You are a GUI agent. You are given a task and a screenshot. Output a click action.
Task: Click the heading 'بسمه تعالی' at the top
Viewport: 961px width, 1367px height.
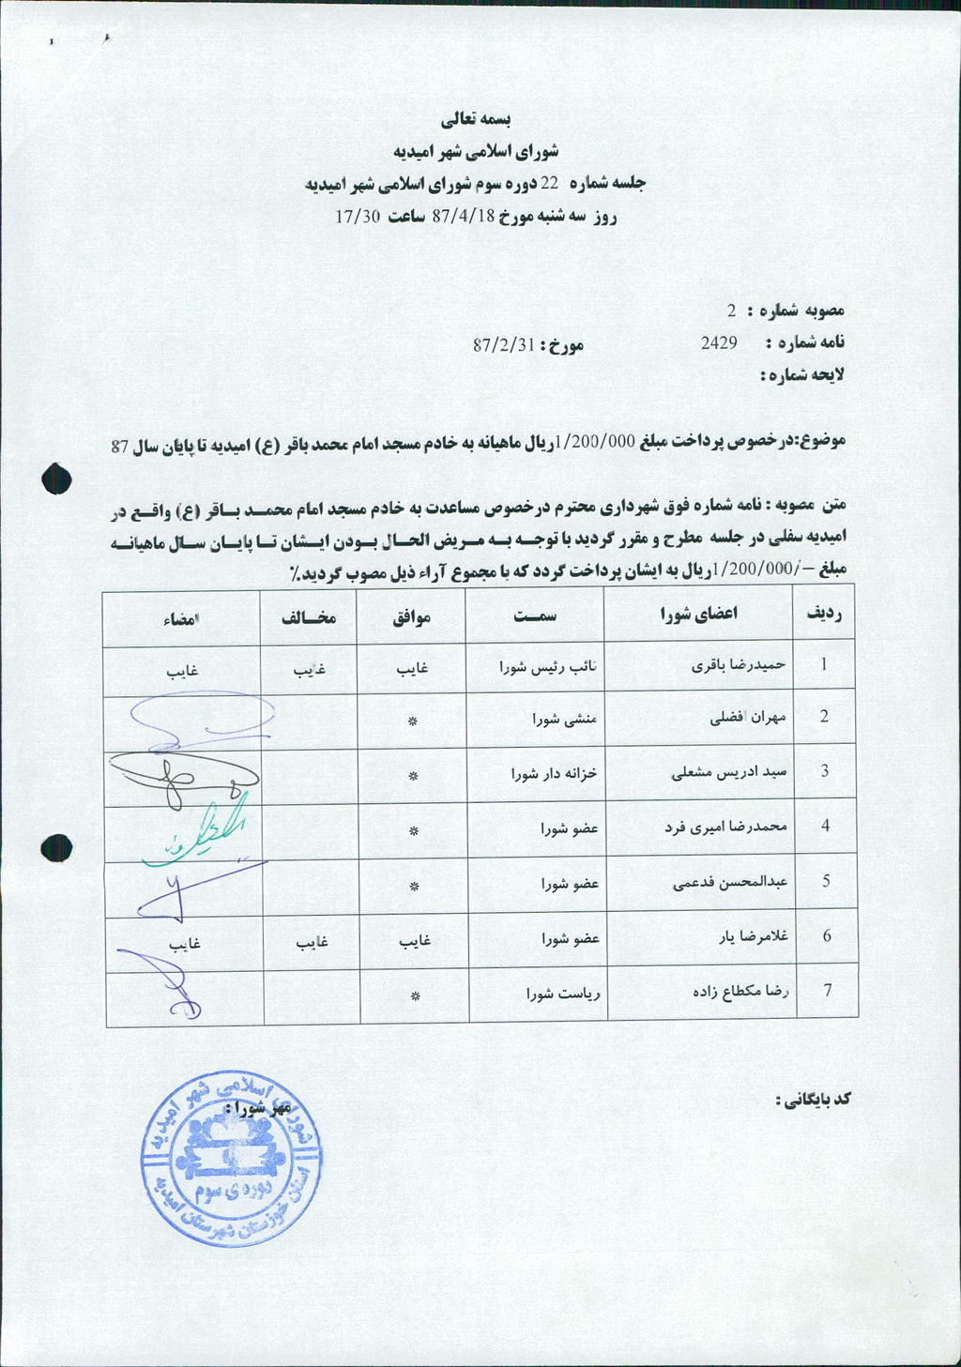476,120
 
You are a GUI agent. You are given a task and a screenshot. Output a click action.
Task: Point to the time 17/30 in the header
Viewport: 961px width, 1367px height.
358,217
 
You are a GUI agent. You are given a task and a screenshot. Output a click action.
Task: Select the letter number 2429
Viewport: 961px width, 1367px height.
719,343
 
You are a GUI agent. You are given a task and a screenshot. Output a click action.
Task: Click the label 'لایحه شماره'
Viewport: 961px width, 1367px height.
802,375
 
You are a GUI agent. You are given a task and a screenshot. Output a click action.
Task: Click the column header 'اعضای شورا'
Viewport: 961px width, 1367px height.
699,614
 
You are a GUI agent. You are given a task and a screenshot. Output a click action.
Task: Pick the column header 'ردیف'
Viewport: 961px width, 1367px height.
824,614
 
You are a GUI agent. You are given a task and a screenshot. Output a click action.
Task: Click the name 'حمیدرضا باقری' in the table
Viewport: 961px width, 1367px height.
739,665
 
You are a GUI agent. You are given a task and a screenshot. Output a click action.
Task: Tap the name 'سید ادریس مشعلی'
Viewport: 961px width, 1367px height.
729,772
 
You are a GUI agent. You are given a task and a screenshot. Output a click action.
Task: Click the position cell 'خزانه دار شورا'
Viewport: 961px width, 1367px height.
555,774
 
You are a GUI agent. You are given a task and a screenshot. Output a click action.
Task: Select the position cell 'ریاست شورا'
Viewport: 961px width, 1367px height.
563,993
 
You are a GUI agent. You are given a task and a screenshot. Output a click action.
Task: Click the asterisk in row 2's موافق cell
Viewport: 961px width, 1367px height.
412,721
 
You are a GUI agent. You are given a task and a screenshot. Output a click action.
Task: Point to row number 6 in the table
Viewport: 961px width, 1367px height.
826,935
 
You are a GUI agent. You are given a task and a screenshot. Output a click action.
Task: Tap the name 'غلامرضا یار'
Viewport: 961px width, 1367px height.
751,936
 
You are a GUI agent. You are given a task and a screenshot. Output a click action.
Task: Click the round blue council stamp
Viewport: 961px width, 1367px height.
233,1159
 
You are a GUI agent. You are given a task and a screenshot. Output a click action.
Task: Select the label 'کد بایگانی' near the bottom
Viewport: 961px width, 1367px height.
813,1099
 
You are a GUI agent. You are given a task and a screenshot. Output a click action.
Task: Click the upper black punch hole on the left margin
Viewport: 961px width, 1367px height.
57,478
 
